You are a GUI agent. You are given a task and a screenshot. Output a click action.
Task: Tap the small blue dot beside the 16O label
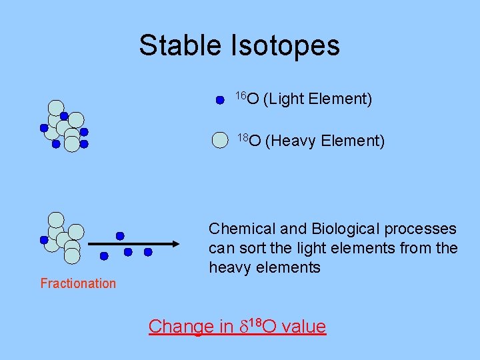pos(219,101)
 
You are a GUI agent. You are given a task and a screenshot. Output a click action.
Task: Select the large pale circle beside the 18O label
pos(220,140)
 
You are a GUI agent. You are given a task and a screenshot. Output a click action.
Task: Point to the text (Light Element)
pos(317,99)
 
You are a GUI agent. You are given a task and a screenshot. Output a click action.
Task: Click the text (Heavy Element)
pos(325,141)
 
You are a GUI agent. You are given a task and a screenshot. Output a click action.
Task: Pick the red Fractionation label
pos(78,283)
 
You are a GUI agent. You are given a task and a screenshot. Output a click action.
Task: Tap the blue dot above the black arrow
pos(120,235)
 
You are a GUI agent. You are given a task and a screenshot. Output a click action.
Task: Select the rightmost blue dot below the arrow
pos(148,252)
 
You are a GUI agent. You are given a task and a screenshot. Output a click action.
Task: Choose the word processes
pos(425,229)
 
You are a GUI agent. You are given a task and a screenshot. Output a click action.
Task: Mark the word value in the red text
pos(304,326)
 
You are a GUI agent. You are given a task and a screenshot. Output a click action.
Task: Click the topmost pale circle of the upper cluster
pos(56,107)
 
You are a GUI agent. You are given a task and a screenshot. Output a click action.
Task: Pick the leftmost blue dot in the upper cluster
pos(44,127)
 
